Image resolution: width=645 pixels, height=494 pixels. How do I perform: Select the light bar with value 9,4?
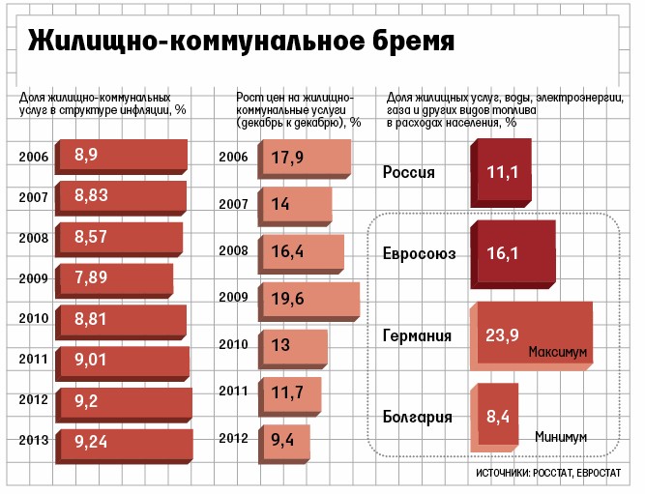(284, 440)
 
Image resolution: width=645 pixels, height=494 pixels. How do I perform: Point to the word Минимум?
(560, 437)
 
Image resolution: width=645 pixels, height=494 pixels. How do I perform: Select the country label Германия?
(418, 336)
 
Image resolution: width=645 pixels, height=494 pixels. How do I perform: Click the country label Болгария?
(418, 418)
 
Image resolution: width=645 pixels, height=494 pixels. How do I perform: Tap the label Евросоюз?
(419, 255)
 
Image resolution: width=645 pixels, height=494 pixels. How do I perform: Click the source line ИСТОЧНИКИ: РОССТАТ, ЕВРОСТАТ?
(548, 475)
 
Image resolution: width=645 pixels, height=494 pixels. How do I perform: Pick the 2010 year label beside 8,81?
(36, 318)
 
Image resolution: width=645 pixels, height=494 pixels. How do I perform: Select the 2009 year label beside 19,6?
(234, 298)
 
